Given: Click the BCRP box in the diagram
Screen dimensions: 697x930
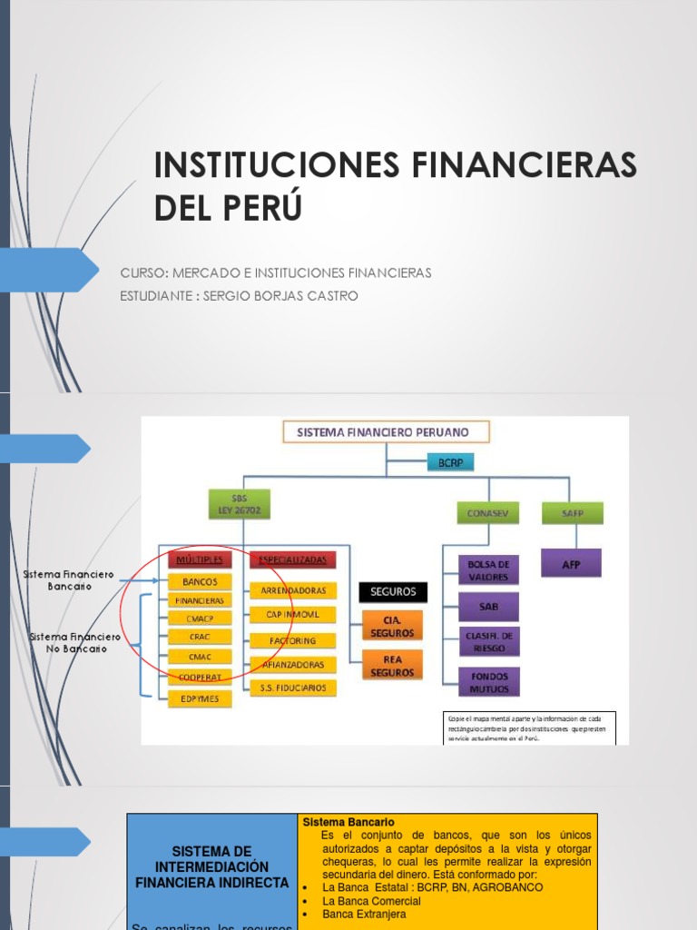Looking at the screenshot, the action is [x=450, y=463].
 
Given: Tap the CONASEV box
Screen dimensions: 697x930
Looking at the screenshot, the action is [x=482, y=513].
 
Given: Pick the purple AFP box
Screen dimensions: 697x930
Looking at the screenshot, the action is [x=570, y=564].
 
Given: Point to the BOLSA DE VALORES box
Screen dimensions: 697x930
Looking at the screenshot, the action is [x=488, y=569].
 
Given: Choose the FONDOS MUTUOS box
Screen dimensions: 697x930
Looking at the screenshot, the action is [x=488, y=682].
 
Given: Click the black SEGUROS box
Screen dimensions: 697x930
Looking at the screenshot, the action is [x=392, y=591].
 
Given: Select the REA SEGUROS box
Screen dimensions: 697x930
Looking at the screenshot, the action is [x=392, y=666].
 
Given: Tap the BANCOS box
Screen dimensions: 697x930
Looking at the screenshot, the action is [x=200, y=581].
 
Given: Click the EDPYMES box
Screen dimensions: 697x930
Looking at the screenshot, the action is [x=200, y=698].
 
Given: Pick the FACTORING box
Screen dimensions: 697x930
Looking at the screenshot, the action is [x=292, y=639].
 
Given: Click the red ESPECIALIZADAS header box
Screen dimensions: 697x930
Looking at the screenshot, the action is [x=292, y=559].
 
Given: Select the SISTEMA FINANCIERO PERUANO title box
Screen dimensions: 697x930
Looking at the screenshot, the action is [x=388, y=432].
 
